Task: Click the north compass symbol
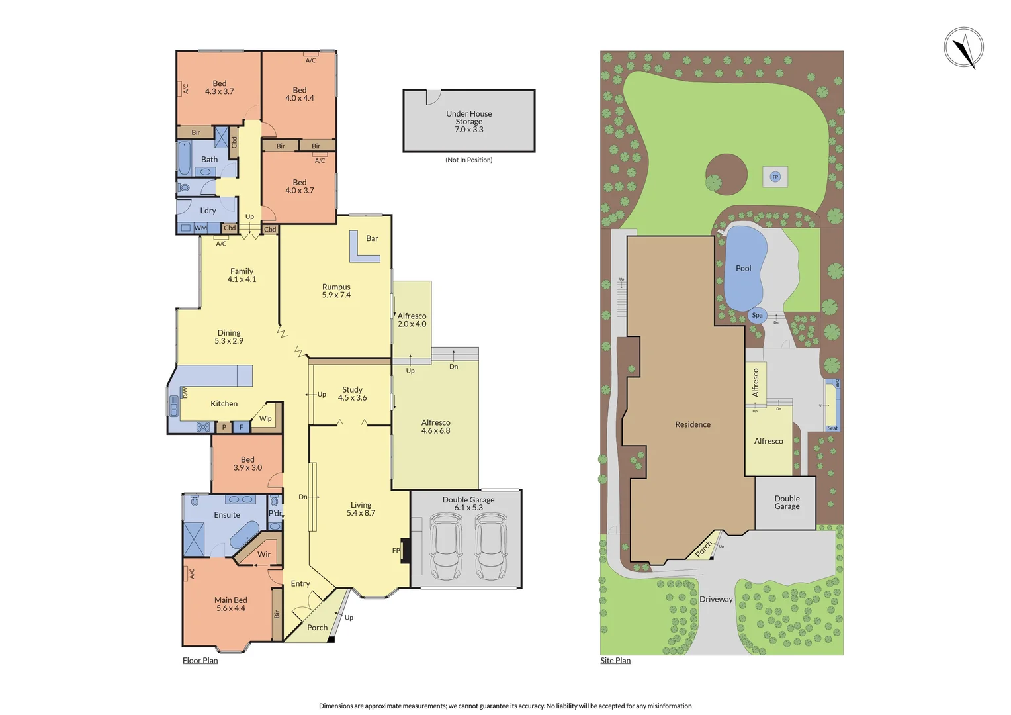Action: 963,48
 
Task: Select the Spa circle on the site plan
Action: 757,315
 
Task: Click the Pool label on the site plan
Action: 743,268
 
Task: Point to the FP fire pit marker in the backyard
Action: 775,177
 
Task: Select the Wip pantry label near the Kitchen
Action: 265,418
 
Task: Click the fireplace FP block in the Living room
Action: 406,550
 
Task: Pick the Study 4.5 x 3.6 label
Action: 352,394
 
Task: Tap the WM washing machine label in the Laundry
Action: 200,228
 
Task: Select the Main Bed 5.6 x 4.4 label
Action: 230,604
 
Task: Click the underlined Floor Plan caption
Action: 200,660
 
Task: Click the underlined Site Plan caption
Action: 615,660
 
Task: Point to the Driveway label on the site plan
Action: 716,599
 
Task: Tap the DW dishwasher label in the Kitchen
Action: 185,393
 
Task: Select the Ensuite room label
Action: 227,514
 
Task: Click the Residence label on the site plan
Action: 692,424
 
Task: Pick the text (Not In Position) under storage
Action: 468,160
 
